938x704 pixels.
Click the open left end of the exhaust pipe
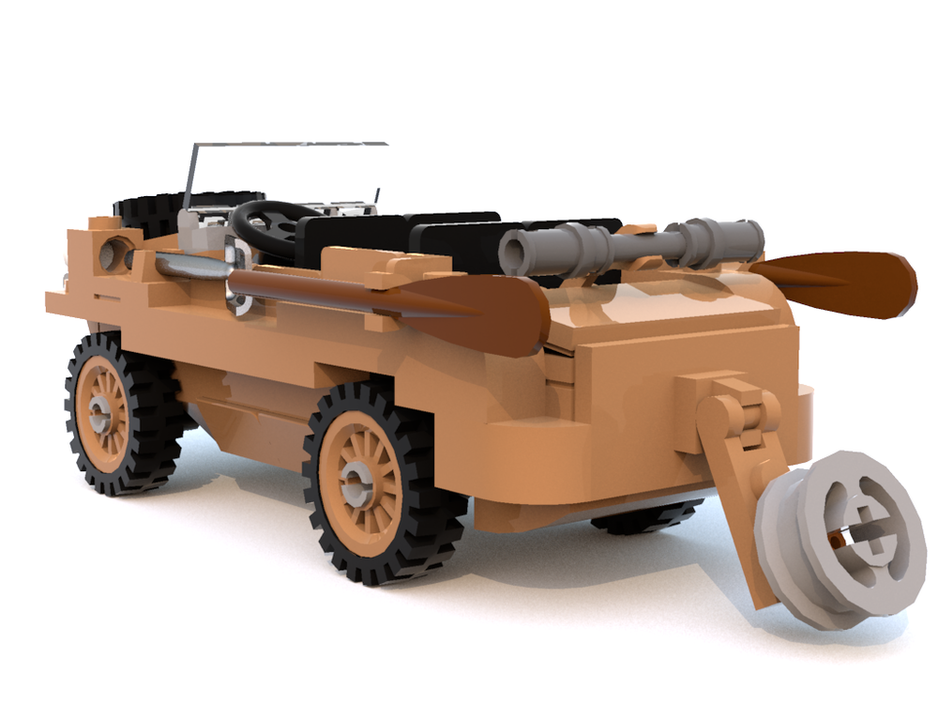tap(512, 252)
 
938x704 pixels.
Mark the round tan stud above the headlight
tap(104, 223)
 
